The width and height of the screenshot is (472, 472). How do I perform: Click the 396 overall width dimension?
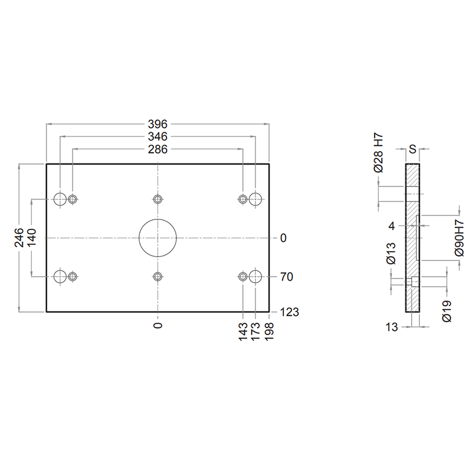(158, 124)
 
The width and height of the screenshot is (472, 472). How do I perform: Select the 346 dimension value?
(158, 137)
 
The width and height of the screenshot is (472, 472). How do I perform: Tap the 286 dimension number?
(158, 149)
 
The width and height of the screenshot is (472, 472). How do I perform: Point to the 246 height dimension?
(19, 238)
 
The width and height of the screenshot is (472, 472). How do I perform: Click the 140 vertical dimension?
(31, 238)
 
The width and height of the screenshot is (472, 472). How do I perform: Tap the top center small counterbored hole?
(158, 199)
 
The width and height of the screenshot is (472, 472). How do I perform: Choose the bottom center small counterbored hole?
(158, 276)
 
